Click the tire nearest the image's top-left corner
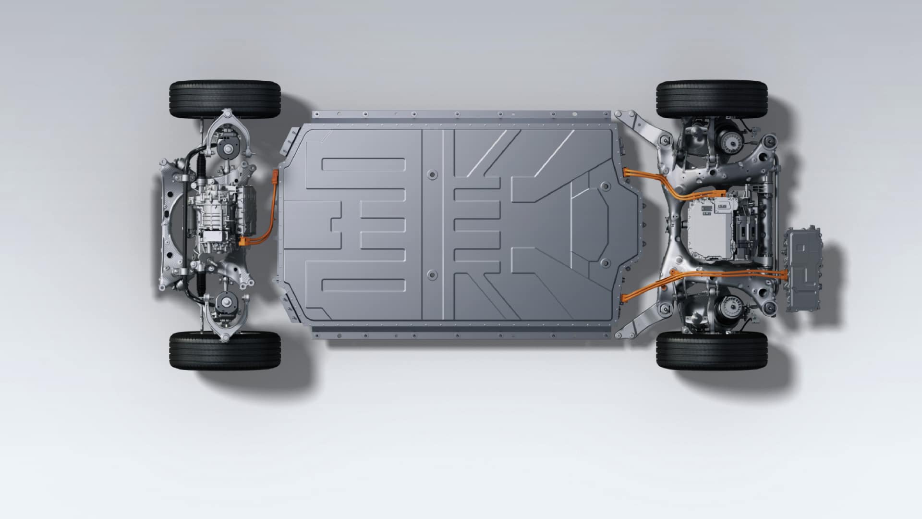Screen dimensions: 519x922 225,99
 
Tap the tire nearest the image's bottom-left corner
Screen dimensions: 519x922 225,350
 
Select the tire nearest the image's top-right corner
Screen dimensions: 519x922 712,99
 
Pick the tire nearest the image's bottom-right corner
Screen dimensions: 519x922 712,350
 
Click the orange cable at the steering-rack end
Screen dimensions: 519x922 275,202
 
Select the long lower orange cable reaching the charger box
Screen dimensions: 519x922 720,273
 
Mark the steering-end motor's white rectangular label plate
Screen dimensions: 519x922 211,236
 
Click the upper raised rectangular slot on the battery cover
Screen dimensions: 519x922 364,165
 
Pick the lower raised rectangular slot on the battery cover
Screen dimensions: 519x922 364,285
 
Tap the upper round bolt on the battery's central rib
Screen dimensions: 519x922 432,175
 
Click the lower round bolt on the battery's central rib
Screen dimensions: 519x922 432,275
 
